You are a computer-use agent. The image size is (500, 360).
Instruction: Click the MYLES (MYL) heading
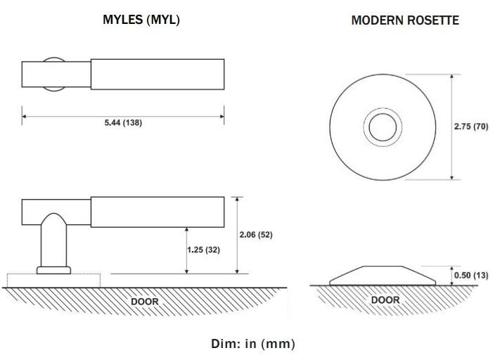(x=141, y=20)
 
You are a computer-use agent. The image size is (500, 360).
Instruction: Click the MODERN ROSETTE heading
(x=404, y=20)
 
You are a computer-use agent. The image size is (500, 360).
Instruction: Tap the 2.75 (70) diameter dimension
(x=471, y=127)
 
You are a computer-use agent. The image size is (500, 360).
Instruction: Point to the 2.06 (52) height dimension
(x=256, y=235)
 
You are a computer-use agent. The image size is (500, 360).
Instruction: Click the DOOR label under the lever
(x=145, y=302)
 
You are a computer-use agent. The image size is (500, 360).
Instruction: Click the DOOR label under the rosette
(x=385, y=300)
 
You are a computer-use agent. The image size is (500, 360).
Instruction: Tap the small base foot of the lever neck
(x=54, y=269)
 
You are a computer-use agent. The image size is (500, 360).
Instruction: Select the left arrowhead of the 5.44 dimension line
(x=25, y=115)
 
